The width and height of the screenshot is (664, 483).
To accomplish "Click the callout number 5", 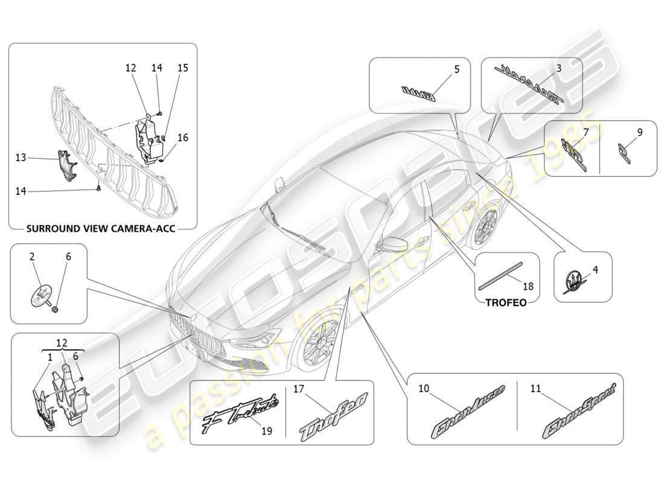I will tap(456, 69).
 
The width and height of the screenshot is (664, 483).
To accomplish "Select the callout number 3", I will tap(559, 69).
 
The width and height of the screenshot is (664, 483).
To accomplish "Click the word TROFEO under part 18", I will tap(506, 302).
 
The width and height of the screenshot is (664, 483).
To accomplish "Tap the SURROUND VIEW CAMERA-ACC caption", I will tap(103, 229).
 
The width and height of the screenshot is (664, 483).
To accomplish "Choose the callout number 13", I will tap(21, 157).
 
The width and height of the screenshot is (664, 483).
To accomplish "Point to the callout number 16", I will tap(183, 138).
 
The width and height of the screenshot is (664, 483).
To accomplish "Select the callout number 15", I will tap(183, 68).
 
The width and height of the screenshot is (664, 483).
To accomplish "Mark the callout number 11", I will tap(535, 389).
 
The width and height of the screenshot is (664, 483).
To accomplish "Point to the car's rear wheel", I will tap(487, 226).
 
